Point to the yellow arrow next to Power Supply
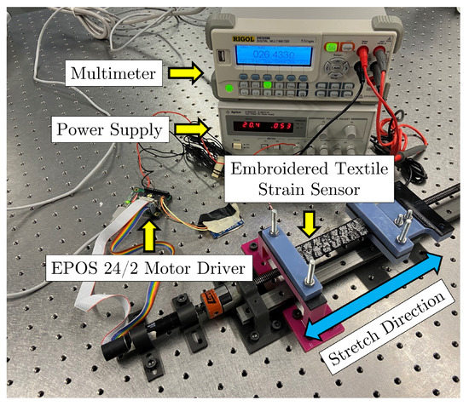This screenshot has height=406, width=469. (x=194, y=129)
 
